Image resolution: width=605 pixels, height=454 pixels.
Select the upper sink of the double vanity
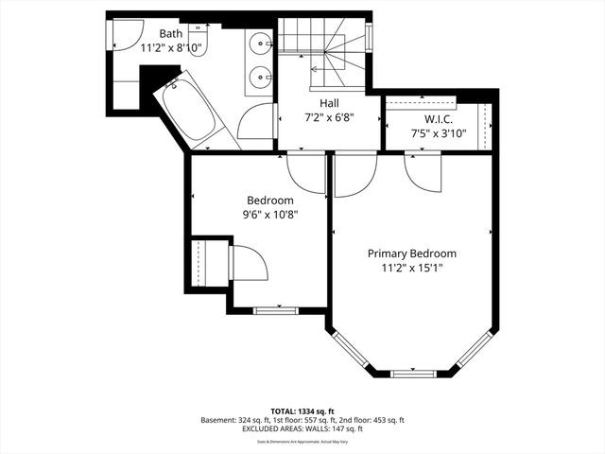pos(260,44)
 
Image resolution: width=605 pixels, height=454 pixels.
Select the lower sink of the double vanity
pos(260,76)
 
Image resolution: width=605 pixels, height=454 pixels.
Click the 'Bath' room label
pos(171,33)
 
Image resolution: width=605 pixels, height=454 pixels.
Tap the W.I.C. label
pos(439,120)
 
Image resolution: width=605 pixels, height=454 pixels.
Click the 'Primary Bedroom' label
pos(412,253)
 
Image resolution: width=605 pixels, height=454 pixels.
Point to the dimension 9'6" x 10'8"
pos(270,214)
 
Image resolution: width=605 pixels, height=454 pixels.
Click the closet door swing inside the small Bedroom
pos(248,262)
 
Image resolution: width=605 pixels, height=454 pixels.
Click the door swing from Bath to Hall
pos(255,121)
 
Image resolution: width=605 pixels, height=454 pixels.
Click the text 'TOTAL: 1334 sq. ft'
pos(302,410)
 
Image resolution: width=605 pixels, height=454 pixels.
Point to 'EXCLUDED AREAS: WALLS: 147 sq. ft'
pos(302,429)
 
